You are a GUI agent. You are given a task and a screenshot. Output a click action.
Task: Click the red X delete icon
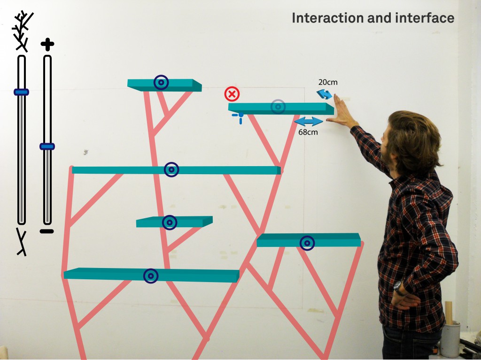[232, 94]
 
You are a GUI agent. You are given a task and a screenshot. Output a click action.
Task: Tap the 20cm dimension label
[327, 82]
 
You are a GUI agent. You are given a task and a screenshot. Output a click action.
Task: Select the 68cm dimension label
[308, 132]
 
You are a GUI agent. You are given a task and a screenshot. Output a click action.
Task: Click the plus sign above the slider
[47, 45]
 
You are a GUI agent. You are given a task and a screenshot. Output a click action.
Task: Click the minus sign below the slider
[47, 231]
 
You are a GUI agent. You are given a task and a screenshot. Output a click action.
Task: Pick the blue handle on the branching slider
[21, 92]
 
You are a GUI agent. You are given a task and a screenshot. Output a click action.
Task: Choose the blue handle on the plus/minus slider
[47, 146]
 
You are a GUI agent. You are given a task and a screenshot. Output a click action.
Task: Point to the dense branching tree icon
[22, 31]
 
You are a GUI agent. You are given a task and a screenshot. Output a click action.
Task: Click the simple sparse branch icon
[22, 242]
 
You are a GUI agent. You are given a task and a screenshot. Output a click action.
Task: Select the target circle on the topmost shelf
[161, 83]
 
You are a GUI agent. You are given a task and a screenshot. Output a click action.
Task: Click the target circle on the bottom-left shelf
[151, 276]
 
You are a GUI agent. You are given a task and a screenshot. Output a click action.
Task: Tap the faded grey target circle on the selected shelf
[278, 107]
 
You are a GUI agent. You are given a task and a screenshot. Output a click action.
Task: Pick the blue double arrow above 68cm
[309, 122]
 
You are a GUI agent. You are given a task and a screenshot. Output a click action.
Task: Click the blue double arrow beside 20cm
[325, 94]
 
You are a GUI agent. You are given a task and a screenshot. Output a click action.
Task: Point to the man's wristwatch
[397, 287]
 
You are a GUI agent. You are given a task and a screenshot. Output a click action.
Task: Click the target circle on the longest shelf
[171, 169]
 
